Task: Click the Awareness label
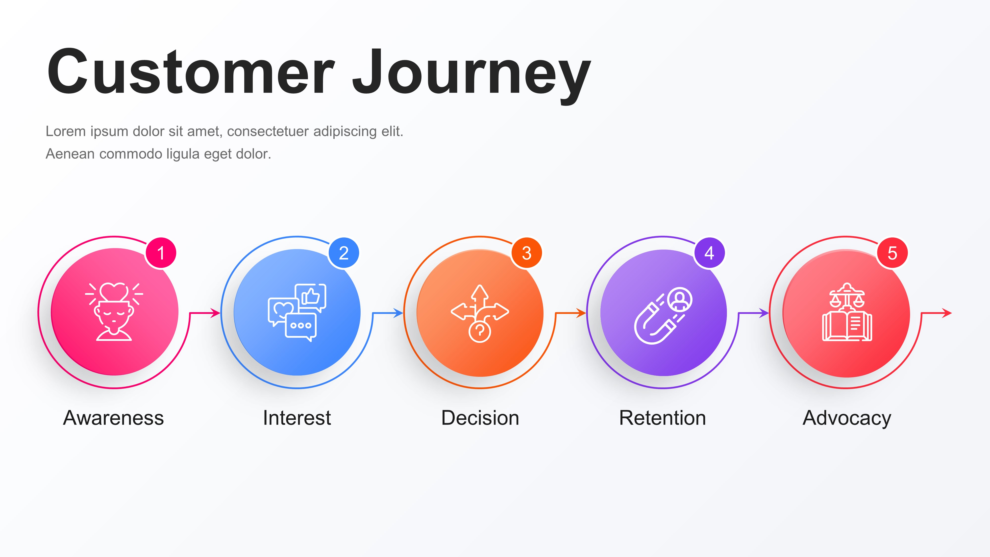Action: point(113,418)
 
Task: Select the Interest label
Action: point(297,418)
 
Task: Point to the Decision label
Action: point(480,418)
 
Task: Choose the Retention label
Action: point(663,418)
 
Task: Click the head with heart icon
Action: point(114,312)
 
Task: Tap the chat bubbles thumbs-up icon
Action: point(297,312)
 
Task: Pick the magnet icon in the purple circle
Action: point(663,315)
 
